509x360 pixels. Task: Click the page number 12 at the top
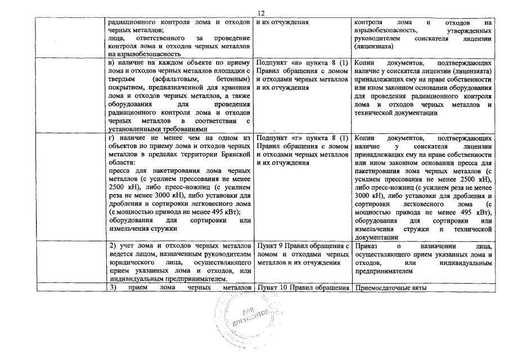260,13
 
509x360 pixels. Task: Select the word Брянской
235,154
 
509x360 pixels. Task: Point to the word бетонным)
232,80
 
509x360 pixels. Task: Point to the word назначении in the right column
443,246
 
